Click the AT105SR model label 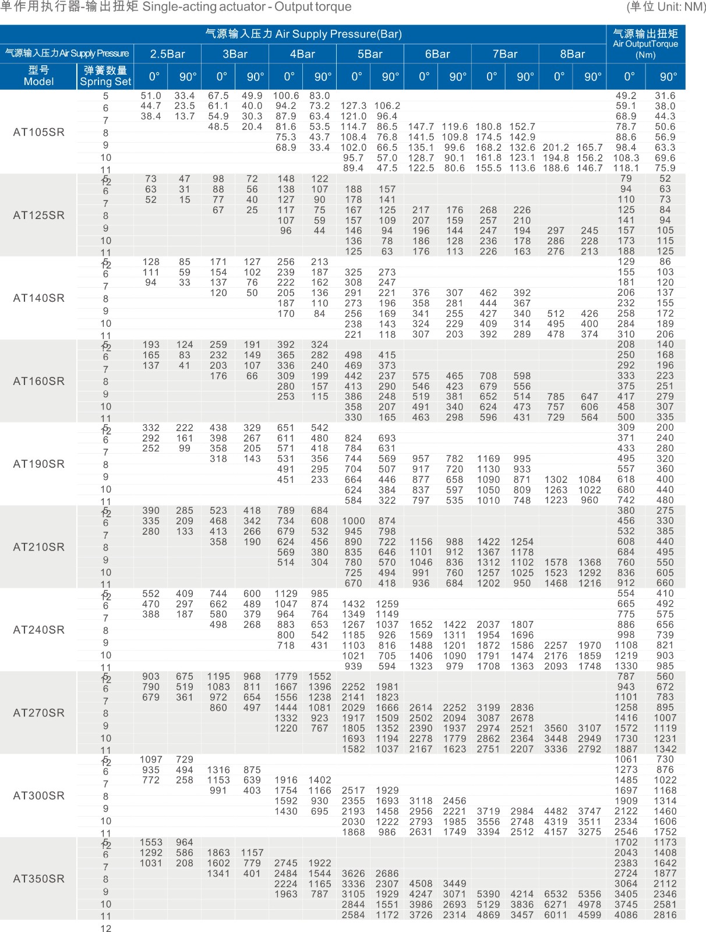point(38,132)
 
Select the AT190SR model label point(38,464)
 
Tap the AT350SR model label point(38,879)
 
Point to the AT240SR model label point(38,630)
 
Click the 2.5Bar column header point(167,54)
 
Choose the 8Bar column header point(572,54)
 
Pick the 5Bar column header point(370,54)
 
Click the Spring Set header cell point(105,76)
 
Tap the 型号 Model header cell point(38,76)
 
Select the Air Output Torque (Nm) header point(645,44)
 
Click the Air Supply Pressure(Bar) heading point(303,34)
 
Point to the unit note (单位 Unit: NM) point(665,7)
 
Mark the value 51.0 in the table point(151,96)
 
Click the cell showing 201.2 point(556,147)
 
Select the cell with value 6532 point(556,894)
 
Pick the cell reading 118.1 point(626,168)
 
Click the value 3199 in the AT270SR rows point(488,708)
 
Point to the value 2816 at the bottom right point(665,915)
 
